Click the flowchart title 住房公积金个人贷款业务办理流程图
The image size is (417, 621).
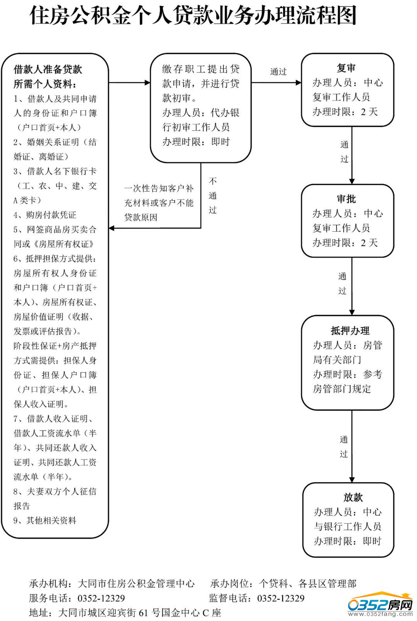point(193,16)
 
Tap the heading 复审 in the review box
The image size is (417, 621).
point(346,68)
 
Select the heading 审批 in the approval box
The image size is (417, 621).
point(346,199)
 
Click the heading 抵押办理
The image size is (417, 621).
point(350,331)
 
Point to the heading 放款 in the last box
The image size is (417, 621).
point(353,497)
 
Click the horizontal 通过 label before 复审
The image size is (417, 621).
point(278,72)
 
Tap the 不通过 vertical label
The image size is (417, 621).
point(213,195)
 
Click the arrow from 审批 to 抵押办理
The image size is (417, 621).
point(352,286)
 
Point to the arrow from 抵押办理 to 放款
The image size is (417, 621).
point(352,446)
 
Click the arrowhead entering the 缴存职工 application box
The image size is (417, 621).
point(147,83)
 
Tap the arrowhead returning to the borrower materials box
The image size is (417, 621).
point(112,228)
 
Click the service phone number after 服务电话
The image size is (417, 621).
point(101,598)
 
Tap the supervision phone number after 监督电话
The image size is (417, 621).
point(281,598)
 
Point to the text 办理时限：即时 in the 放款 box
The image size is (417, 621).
point(347,541)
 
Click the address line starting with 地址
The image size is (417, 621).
point(125,613)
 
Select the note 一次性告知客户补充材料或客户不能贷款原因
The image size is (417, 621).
point(159,203)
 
